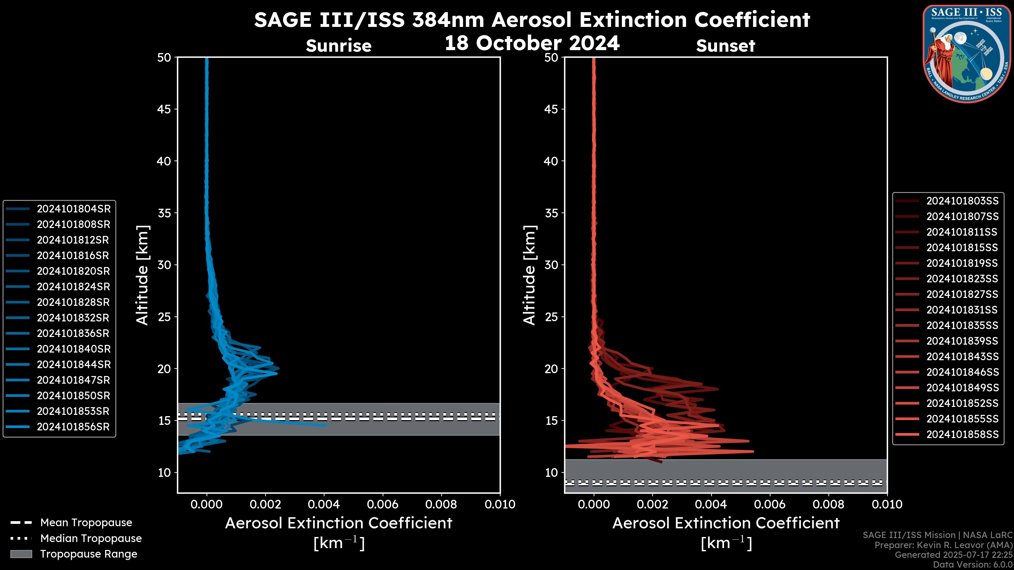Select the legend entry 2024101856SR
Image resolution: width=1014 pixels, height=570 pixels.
point(73,427)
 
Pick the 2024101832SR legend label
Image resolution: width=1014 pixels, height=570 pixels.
point(73,318)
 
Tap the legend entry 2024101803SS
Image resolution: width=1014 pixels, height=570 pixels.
point(962,201)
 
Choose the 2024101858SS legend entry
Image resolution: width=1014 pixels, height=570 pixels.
point(962,434)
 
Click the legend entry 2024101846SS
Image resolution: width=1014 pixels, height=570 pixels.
point(962,372)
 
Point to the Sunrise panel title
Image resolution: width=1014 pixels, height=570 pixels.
point(339,46)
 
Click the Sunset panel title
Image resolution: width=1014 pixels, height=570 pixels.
point(725,46)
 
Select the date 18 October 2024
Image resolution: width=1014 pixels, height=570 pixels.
point(532,43)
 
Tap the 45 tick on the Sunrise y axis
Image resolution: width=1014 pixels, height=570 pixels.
point(164,109)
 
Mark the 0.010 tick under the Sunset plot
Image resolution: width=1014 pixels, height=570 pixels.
point(887,504)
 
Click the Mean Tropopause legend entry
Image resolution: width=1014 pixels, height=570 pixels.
point(86,523)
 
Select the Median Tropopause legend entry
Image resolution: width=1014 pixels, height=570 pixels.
point(91,539)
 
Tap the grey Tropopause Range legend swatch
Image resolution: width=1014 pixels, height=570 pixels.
point(21,554)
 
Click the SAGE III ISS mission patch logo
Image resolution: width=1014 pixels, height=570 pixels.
point(966,54)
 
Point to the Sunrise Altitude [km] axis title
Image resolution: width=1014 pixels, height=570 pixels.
point(142,275)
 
